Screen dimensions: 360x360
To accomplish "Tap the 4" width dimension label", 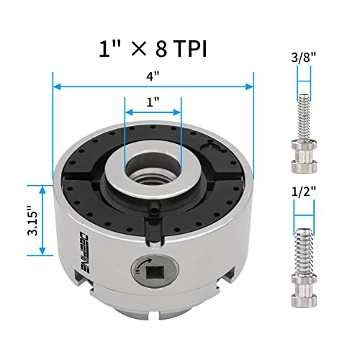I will point(153,74).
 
